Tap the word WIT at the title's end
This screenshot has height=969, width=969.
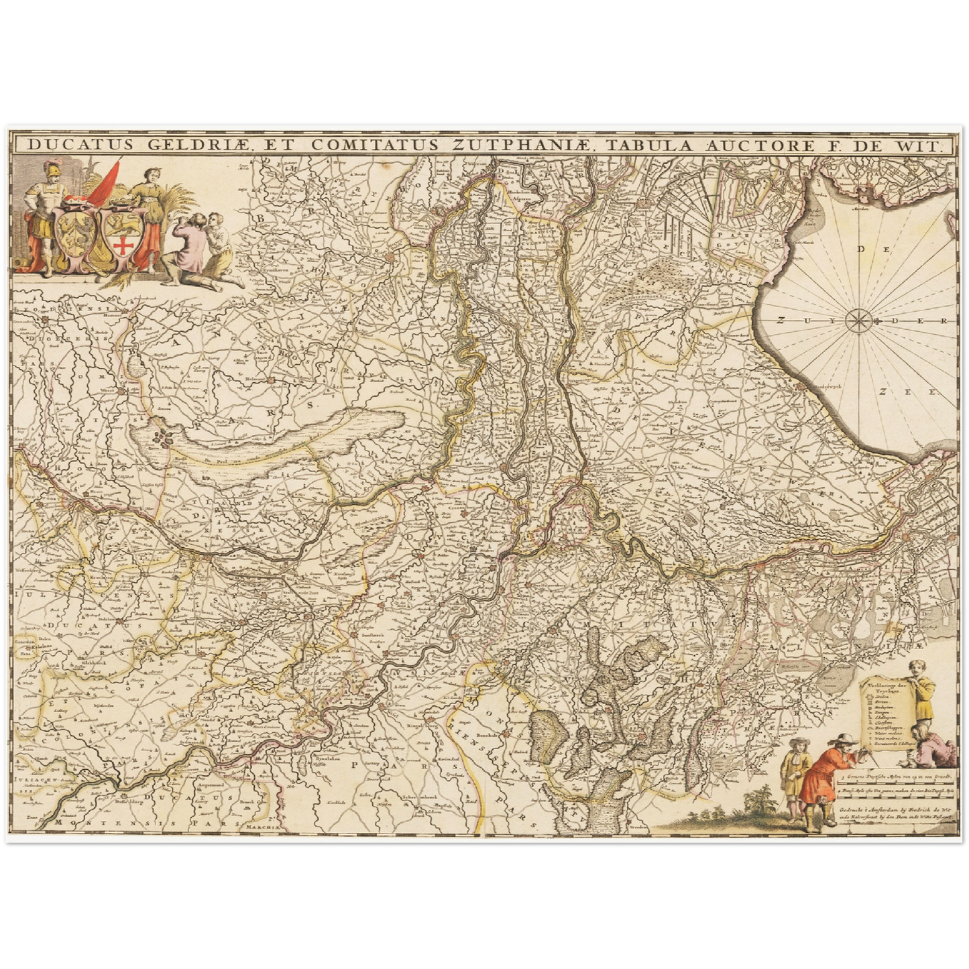click(921, 145)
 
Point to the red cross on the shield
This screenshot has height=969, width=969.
click(123, 247)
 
